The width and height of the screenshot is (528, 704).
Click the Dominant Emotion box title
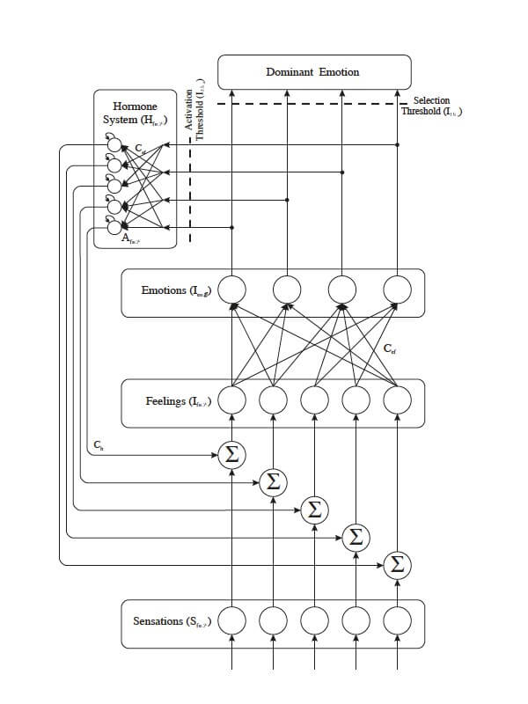312,71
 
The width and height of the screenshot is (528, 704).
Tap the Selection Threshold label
431,106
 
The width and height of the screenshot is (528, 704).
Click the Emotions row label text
176,290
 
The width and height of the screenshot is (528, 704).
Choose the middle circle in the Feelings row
314,400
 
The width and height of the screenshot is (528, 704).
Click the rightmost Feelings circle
398,400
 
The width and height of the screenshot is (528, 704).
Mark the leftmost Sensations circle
232,620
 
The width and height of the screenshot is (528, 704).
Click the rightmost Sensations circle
398,620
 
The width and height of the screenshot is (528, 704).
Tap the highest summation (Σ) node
232,455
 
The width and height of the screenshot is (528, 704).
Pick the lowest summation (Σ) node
398,563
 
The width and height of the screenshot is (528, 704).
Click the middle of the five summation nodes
314,509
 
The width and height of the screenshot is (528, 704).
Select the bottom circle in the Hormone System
114,228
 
